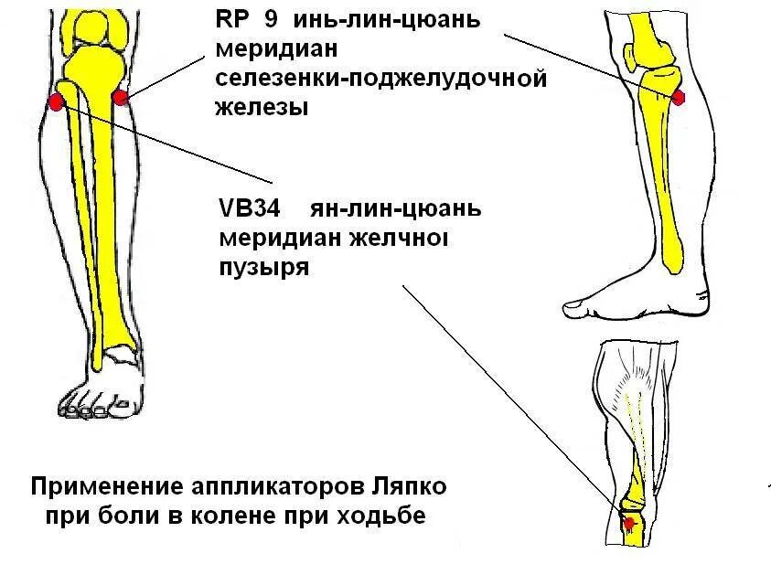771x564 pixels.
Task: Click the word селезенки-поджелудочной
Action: [381, 80]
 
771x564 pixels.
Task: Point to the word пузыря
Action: [263, 269]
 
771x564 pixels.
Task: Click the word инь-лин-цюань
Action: [385, 19]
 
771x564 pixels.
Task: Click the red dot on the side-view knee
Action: [679, 97]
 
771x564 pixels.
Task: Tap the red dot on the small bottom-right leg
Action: [628, 523]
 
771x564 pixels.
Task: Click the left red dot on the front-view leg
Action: [55, 101]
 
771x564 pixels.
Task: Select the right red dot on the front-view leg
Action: [119, 97]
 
